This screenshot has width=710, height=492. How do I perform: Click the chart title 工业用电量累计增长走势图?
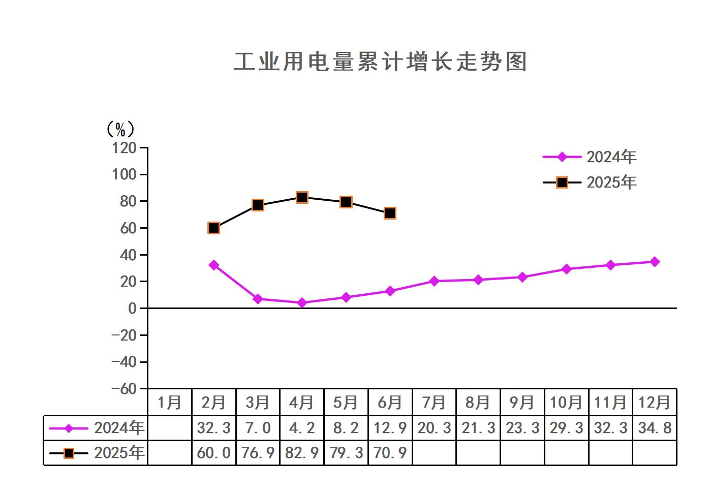(x=380, y=62)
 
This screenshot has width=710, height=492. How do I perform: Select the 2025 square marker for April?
(x=302, y=197)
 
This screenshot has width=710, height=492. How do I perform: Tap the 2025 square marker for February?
(x=214, y=228)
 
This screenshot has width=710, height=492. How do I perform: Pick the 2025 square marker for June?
(x=390, y=213)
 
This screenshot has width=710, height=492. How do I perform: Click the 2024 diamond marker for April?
(x=302, y=302)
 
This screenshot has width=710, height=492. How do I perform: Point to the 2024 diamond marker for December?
(x=655, y=262)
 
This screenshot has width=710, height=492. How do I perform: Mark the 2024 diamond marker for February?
(x=214, y=265)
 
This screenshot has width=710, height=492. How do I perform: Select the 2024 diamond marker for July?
(x=434, y=281)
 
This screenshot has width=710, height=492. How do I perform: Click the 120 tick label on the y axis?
(x=124, y=148)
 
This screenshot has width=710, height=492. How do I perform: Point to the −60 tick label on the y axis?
(x=124, y=389)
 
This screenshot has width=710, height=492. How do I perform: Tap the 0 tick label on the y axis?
(x=132, y=309)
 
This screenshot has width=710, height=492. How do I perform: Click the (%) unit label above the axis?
(x=120, y=130)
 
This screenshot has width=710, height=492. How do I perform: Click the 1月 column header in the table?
(x=170, y=403)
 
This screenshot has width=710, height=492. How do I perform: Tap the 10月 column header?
(x=566, y=403)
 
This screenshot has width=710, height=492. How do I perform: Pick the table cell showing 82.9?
(x=302, y=452)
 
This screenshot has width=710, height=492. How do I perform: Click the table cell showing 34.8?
(x=655, y=428)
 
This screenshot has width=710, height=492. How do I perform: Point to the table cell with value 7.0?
(x=258, y=428)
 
